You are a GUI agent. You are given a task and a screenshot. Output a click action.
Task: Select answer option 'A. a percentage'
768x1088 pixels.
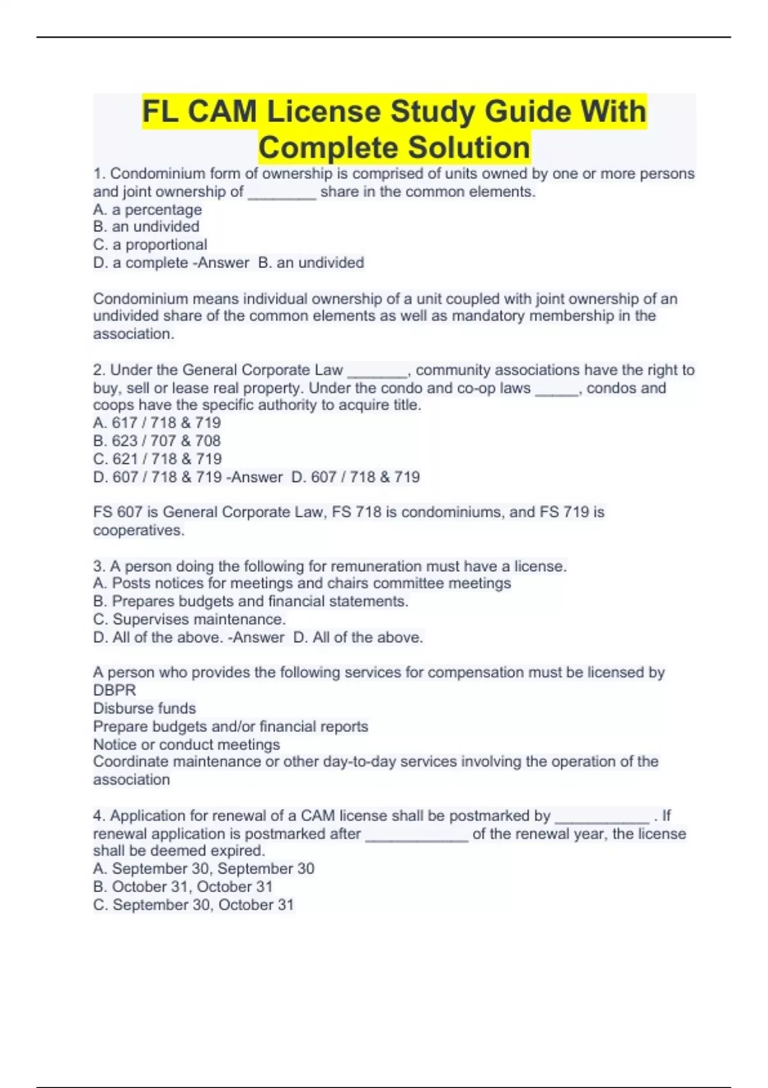pyautogui.click(x=147, y=209)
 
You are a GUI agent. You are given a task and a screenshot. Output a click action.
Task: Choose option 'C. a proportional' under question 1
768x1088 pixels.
pyautogui.click(x=150, y=244)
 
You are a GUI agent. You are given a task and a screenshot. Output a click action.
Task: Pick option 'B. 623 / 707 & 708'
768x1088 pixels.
pyautogui.click(x=157, y=441)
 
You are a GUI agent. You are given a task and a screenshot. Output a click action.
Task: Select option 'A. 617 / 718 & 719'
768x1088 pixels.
pyautogui.click(x=157, y=423)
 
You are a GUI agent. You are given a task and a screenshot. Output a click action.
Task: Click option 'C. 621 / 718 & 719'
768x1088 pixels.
pyautogui.click(x=157, y=459)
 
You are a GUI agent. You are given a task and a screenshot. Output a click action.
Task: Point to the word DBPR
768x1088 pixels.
pyautogui.click(x=115, y=691)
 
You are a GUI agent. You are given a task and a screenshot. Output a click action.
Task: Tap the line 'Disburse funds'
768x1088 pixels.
pyautogui.click(x=145, y=708)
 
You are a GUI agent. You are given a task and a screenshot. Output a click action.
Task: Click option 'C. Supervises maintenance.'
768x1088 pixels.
pyautogui.click(x=189, y=620)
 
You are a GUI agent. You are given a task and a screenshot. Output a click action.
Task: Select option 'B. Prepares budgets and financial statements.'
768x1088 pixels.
pyautogui.click(x=251, y=602)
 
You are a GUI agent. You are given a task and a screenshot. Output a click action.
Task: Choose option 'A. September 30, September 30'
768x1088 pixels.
pyautogui.click(x=204, y=868)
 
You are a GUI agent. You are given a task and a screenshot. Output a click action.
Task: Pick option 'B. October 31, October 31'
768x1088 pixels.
pyautogui.click(x=183, y=886)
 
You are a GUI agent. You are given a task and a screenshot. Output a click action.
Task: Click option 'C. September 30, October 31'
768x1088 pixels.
pyautogui.click(x=193, y=905)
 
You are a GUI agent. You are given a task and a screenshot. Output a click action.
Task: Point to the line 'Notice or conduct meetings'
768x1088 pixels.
pyautogui.click(x=186, y=744)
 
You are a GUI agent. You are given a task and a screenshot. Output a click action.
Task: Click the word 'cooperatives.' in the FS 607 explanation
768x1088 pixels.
pyautogui.click(x=138, y=531)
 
